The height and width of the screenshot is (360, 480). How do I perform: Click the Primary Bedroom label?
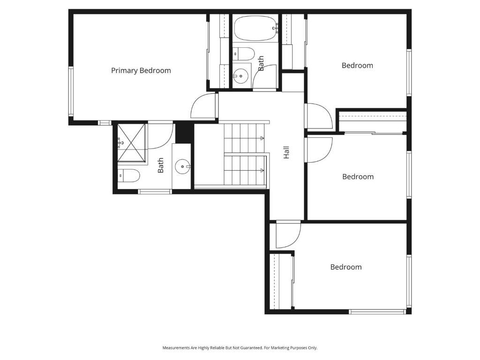click(x=141, y=71)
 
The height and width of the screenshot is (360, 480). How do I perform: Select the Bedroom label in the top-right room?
click(x=357, y=66)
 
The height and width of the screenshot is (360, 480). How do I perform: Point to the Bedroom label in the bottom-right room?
click(x=346, y=267)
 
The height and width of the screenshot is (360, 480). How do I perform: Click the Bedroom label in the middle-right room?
click(x=358, y=177)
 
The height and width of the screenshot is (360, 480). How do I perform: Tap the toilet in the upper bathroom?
click(x=244, y=53)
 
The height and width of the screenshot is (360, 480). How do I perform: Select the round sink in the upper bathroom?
click(x=241, y=75)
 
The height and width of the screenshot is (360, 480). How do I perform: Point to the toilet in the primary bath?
click(x=129, y=176)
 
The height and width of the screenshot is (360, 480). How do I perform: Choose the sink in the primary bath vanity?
click(x=182, y=166)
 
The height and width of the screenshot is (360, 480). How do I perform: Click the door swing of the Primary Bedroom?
click(x=204, y=106)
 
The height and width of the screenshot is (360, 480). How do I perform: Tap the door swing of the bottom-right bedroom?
click(x=287, y=235)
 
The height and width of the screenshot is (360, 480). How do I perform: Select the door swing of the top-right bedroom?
click(x=319, y=116)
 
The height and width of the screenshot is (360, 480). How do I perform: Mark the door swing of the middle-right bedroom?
click(x=319, y=150)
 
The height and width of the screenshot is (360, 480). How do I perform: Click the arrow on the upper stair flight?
click(x=262, y=138)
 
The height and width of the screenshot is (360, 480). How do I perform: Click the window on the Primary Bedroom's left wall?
click(x=71, y=91)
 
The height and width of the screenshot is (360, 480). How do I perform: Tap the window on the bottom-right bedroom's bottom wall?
click(x=377, y=311)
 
